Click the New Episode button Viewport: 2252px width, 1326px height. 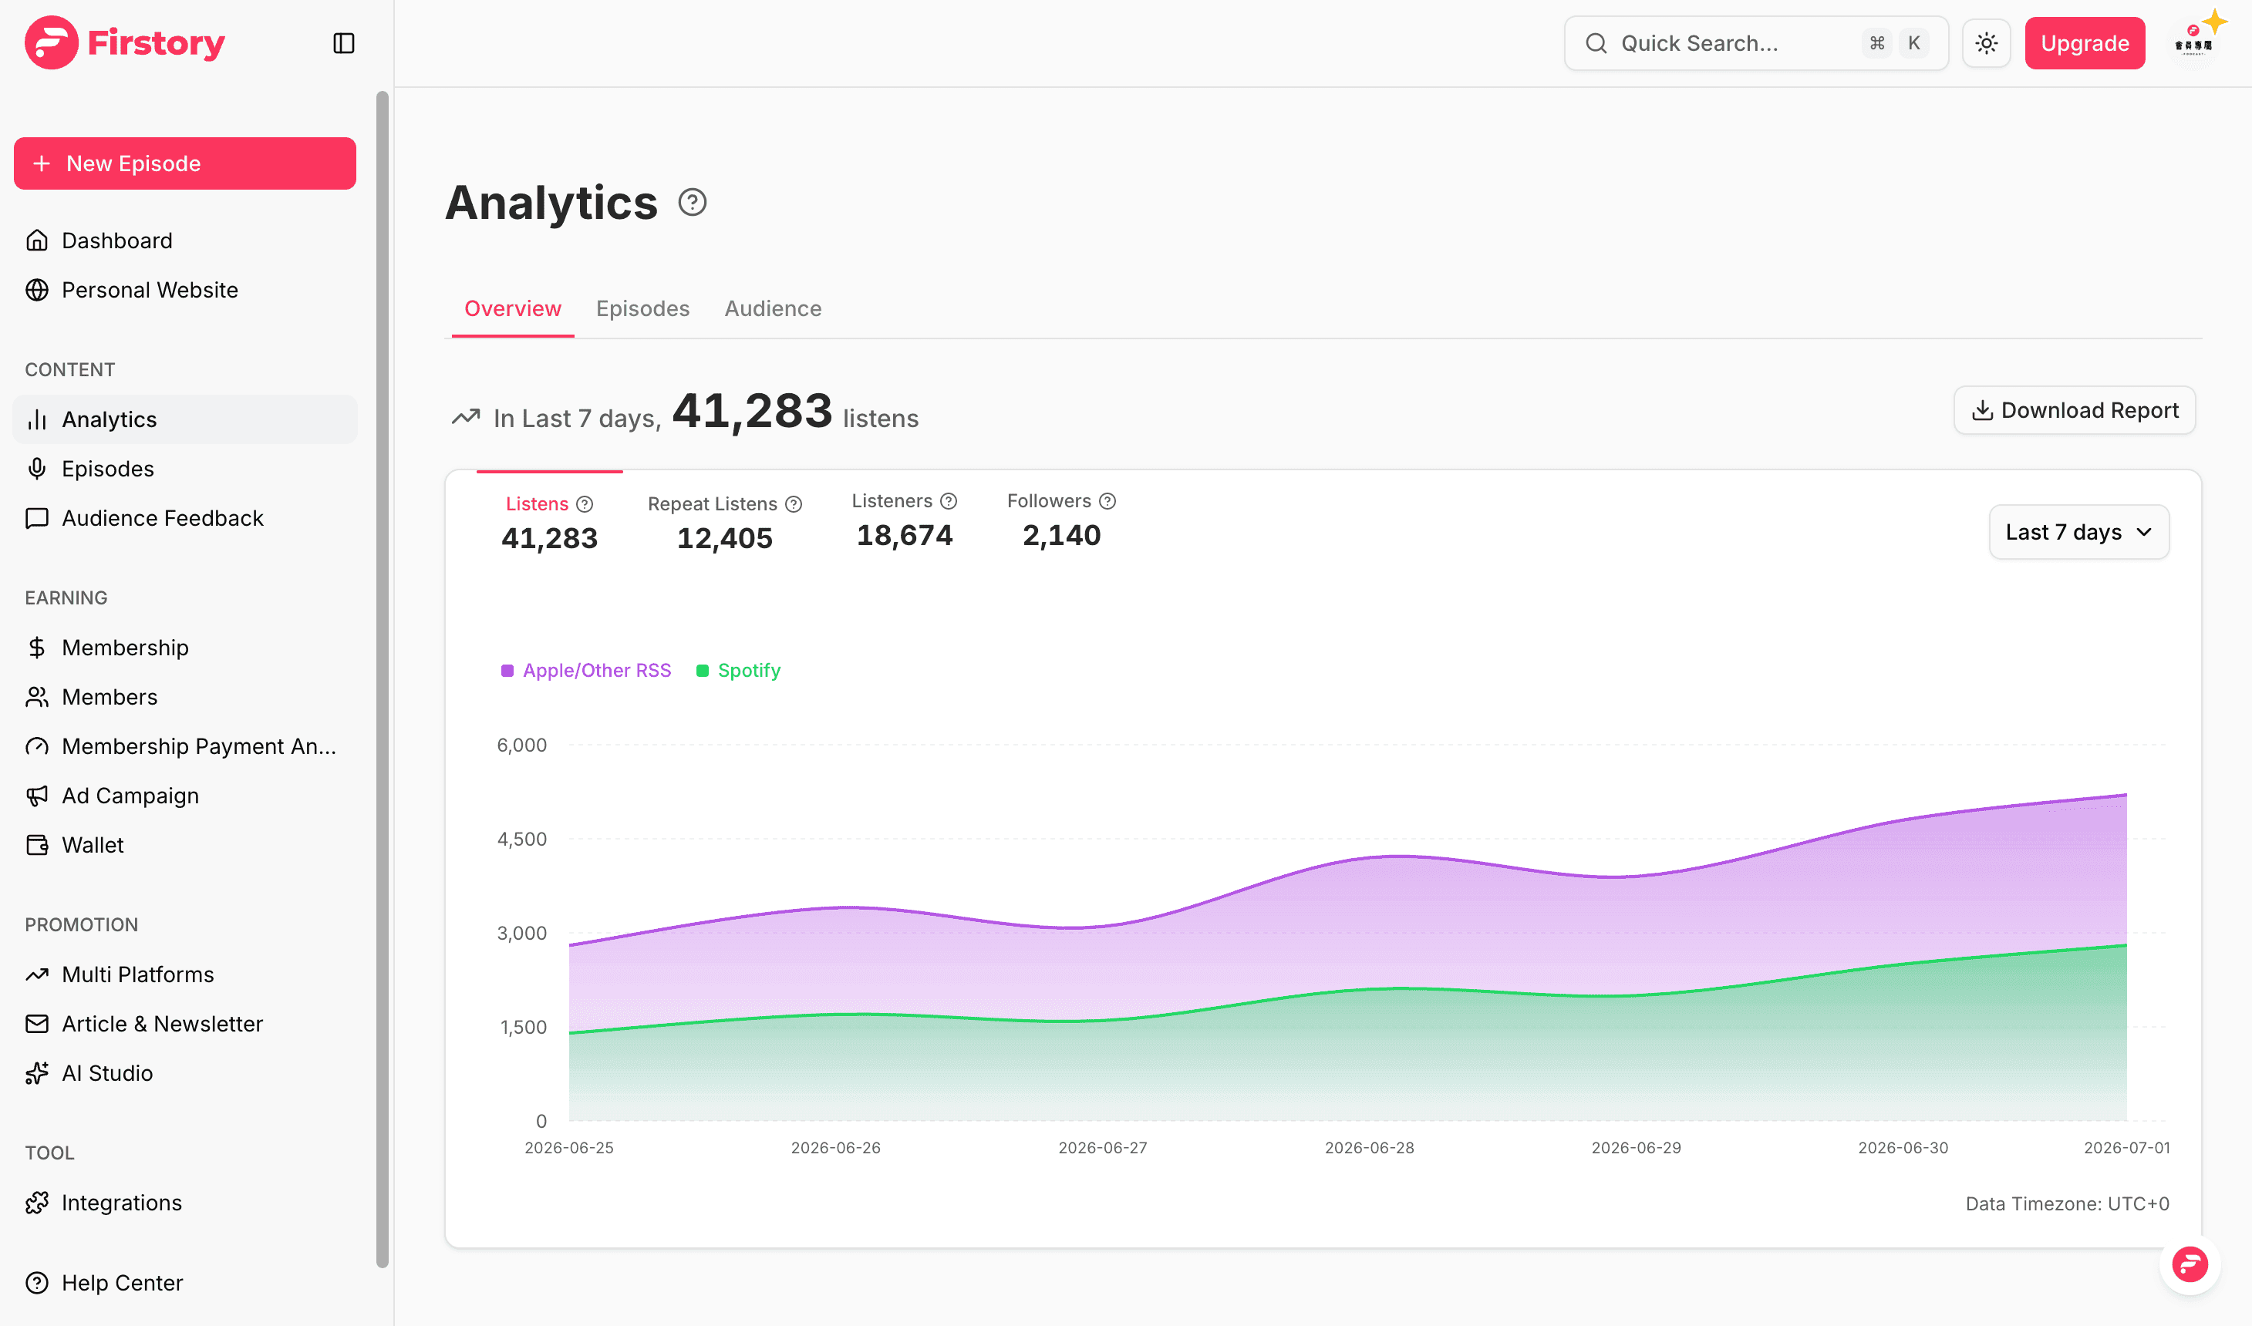(x=185, y=163)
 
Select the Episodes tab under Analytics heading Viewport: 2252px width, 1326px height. (x=642, y=308)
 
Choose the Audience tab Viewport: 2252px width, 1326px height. (x=773, y=308)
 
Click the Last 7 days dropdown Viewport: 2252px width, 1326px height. (x=2078, y=532)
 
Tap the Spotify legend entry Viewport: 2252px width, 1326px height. (x=738, y=670)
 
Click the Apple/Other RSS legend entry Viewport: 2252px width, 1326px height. (x=586, y=670)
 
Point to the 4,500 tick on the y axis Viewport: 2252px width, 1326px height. (x=522, y=839)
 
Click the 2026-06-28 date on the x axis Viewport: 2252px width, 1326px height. (x=1369, y=1147)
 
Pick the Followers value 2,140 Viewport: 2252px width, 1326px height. (x=1062, y=535)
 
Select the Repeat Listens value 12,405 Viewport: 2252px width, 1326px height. (x=725, y=538)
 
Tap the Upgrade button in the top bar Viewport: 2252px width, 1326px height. (x=2085, y=43)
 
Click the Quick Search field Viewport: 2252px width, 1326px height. (x=1756, y=43)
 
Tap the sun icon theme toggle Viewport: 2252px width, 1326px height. (x=1987, y=43)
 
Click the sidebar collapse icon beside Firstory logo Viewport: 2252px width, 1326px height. (x=344, y=43)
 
